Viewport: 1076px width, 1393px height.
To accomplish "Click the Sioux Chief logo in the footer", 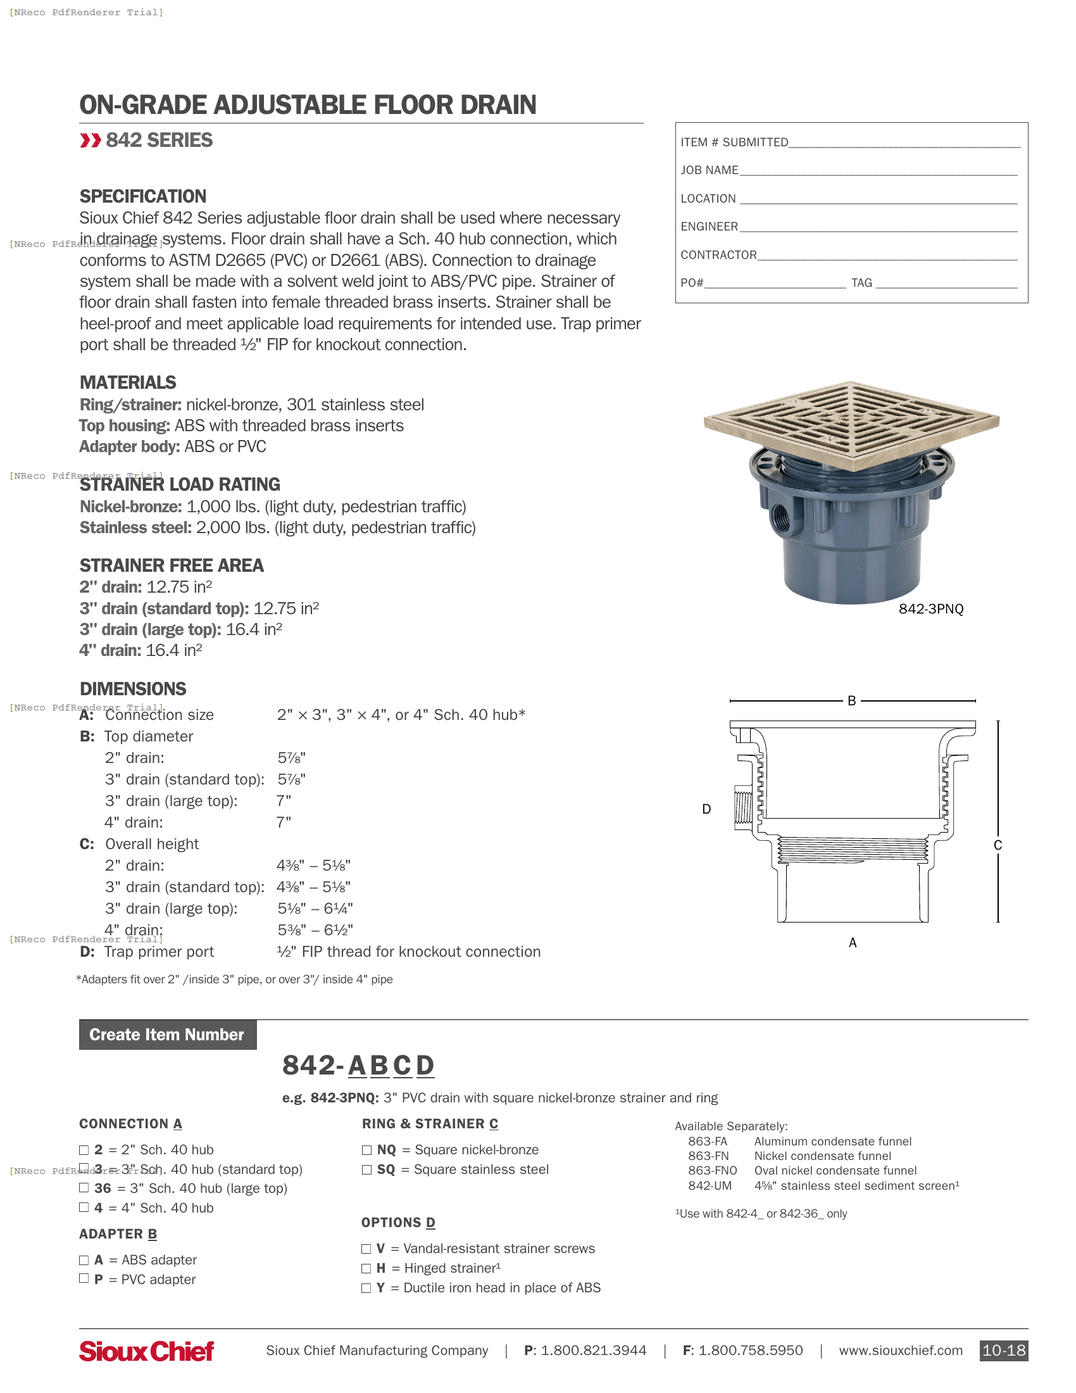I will point(146,1351).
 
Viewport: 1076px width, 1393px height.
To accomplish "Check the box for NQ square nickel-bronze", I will point(366,1150).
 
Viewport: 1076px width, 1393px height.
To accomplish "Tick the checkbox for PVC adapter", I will point(84,1278).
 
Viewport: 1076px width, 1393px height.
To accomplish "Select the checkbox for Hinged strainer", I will point(366,1268).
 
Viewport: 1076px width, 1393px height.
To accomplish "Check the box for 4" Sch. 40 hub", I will point(84,1207).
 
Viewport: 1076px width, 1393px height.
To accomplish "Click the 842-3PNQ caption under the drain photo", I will point(930,609).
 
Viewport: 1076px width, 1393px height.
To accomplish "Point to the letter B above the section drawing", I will point(851,701).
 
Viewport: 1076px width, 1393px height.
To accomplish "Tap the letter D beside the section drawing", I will point(706,809).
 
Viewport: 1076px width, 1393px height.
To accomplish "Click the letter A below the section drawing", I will point(853,943).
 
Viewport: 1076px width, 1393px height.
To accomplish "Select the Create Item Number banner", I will point(167,1035).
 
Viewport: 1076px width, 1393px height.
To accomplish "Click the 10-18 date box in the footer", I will point(1003,1351).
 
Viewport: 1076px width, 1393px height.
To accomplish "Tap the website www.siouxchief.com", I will point(900,1351).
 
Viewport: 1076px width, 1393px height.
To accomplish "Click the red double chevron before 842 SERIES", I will point(90,141).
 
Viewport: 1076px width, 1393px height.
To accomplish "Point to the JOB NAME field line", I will point(878,171).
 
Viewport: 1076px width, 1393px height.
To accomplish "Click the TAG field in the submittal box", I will point(946,283).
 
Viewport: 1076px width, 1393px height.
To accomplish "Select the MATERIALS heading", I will point(127,382).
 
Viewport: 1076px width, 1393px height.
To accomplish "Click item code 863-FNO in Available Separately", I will point(712,1170).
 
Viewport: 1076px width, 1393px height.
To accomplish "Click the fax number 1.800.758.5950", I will point(750,1351).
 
